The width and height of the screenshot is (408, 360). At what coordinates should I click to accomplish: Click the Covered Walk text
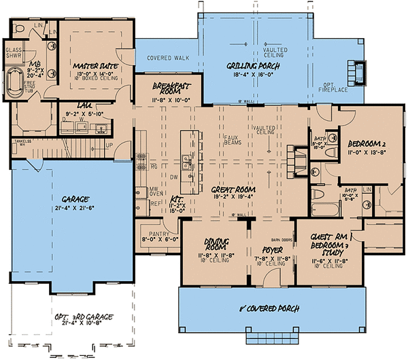167,58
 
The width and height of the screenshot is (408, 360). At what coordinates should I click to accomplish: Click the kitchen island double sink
186,162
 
